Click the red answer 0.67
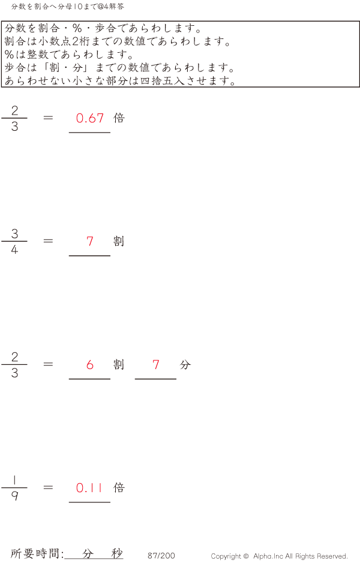click(x=90, y=118)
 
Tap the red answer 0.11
click(x=89, y=488)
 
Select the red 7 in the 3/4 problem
click(x=90, y=241)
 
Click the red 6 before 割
click(x=90, y=364)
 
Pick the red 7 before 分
click(x=156, y=364)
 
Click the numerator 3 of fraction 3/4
click(x=14, y=234)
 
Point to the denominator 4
click(x=14, y=250)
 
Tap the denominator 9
click(x=14, y=496)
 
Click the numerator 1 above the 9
click(x=14, y=480)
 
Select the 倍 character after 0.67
click(x=119, y=118)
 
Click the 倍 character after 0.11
click(x=119, y=488)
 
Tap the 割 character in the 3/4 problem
click(x=119, y=241)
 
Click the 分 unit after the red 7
click(x=185, y=364)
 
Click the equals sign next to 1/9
click(x=49, y=487)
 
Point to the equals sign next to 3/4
click(x=49, y=241)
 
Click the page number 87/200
click(x=161, y=556)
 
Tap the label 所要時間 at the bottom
click(x=36, y=554)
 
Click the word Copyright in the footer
click(x=227, y=556)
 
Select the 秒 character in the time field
click(x=117, y=553)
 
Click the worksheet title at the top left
click(x=68, y=7)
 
